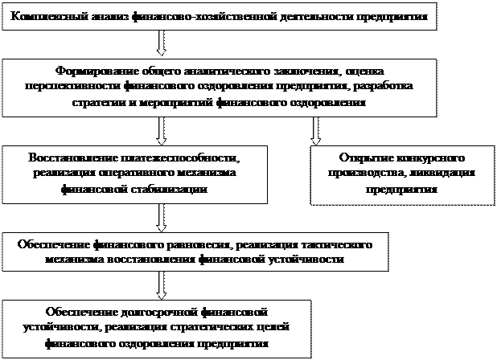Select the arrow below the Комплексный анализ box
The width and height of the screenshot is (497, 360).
point(163,41)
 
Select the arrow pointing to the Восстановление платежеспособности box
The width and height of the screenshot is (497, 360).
point(163,129)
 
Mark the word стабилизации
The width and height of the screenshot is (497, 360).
point(172,190)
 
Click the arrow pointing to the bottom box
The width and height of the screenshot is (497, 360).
point(163,284)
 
